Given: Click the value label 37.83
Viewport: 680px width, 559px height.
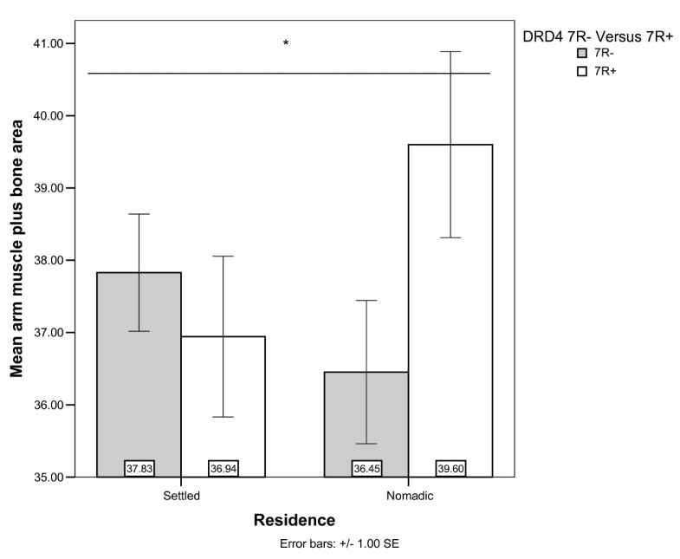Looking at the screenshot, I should coord(139,468).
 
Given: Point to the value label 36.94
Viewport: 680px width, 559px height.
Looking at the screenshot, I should coord(223,468).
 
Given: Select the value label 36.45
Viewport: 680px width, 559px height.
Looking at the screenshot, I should coord(366,468).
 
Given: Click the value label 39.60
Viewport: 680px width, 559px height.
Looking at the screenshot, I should coord(450,468).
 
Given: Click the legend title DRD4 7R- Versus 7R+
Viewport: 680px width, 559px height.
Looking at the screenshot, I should coord(599,36).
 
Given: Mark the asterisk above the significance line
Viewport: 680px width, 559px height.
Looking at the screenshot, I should coord(285,43).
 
